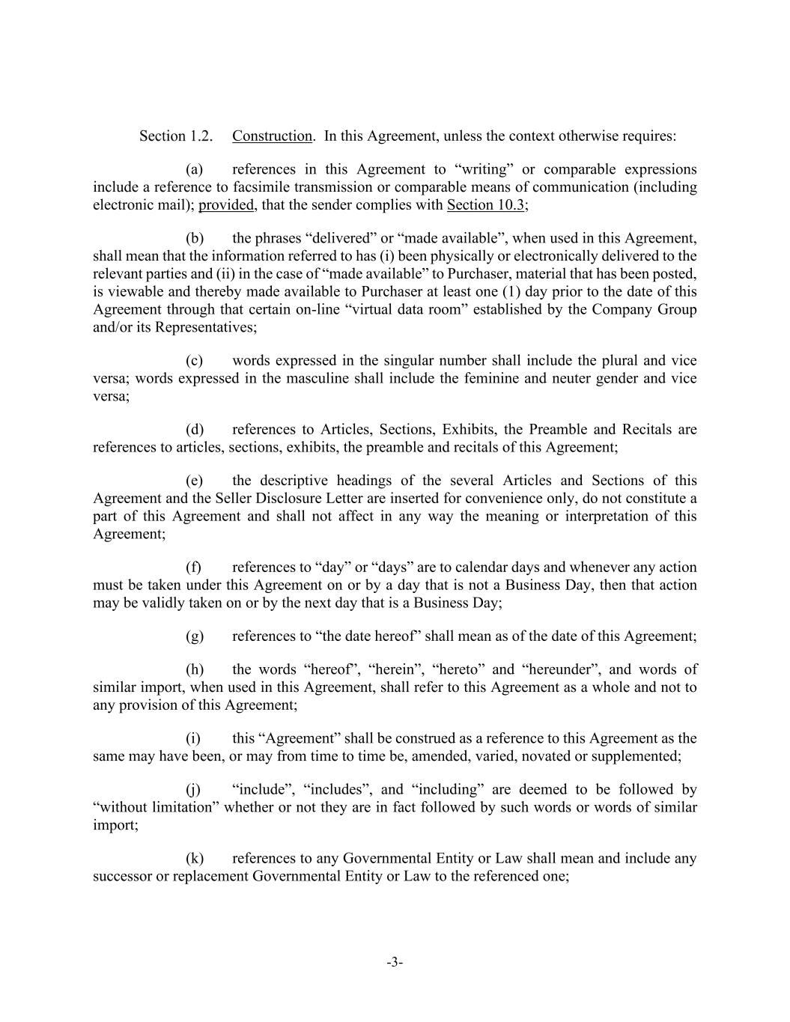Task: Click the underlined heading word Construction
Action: click(272, 136)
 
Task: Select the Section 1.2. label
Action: click(175, 136)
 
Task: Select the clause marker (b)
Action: click(195, 238)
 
